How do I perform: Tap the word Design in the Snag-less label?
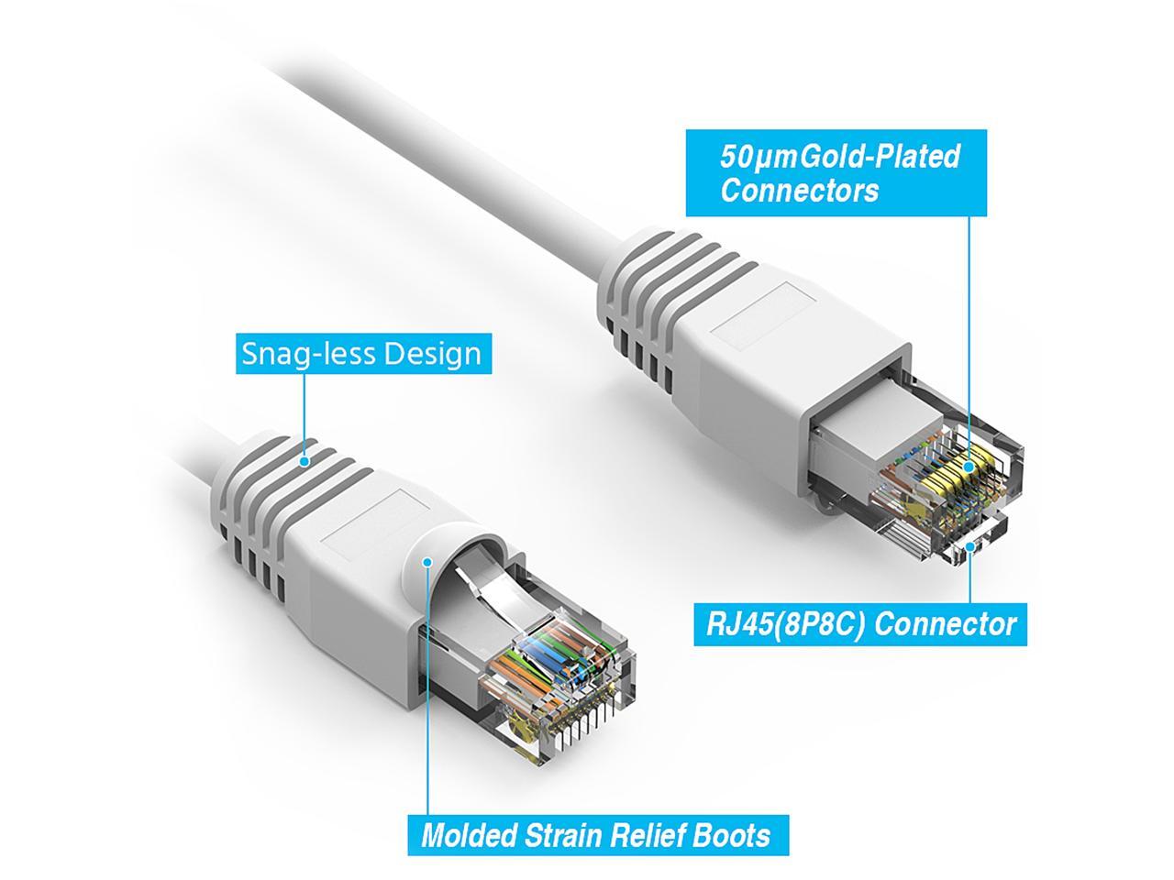click(432, 354)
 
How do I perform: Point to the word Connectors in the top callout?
click(799, 191)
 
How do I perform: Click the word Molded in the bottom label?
click(468, 836)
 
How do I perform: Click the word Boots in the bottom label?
click(734, 836)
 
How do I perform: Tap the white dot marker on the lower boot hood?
click(426, 561)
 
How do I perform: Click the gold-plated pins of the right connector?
click(963, 477)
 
